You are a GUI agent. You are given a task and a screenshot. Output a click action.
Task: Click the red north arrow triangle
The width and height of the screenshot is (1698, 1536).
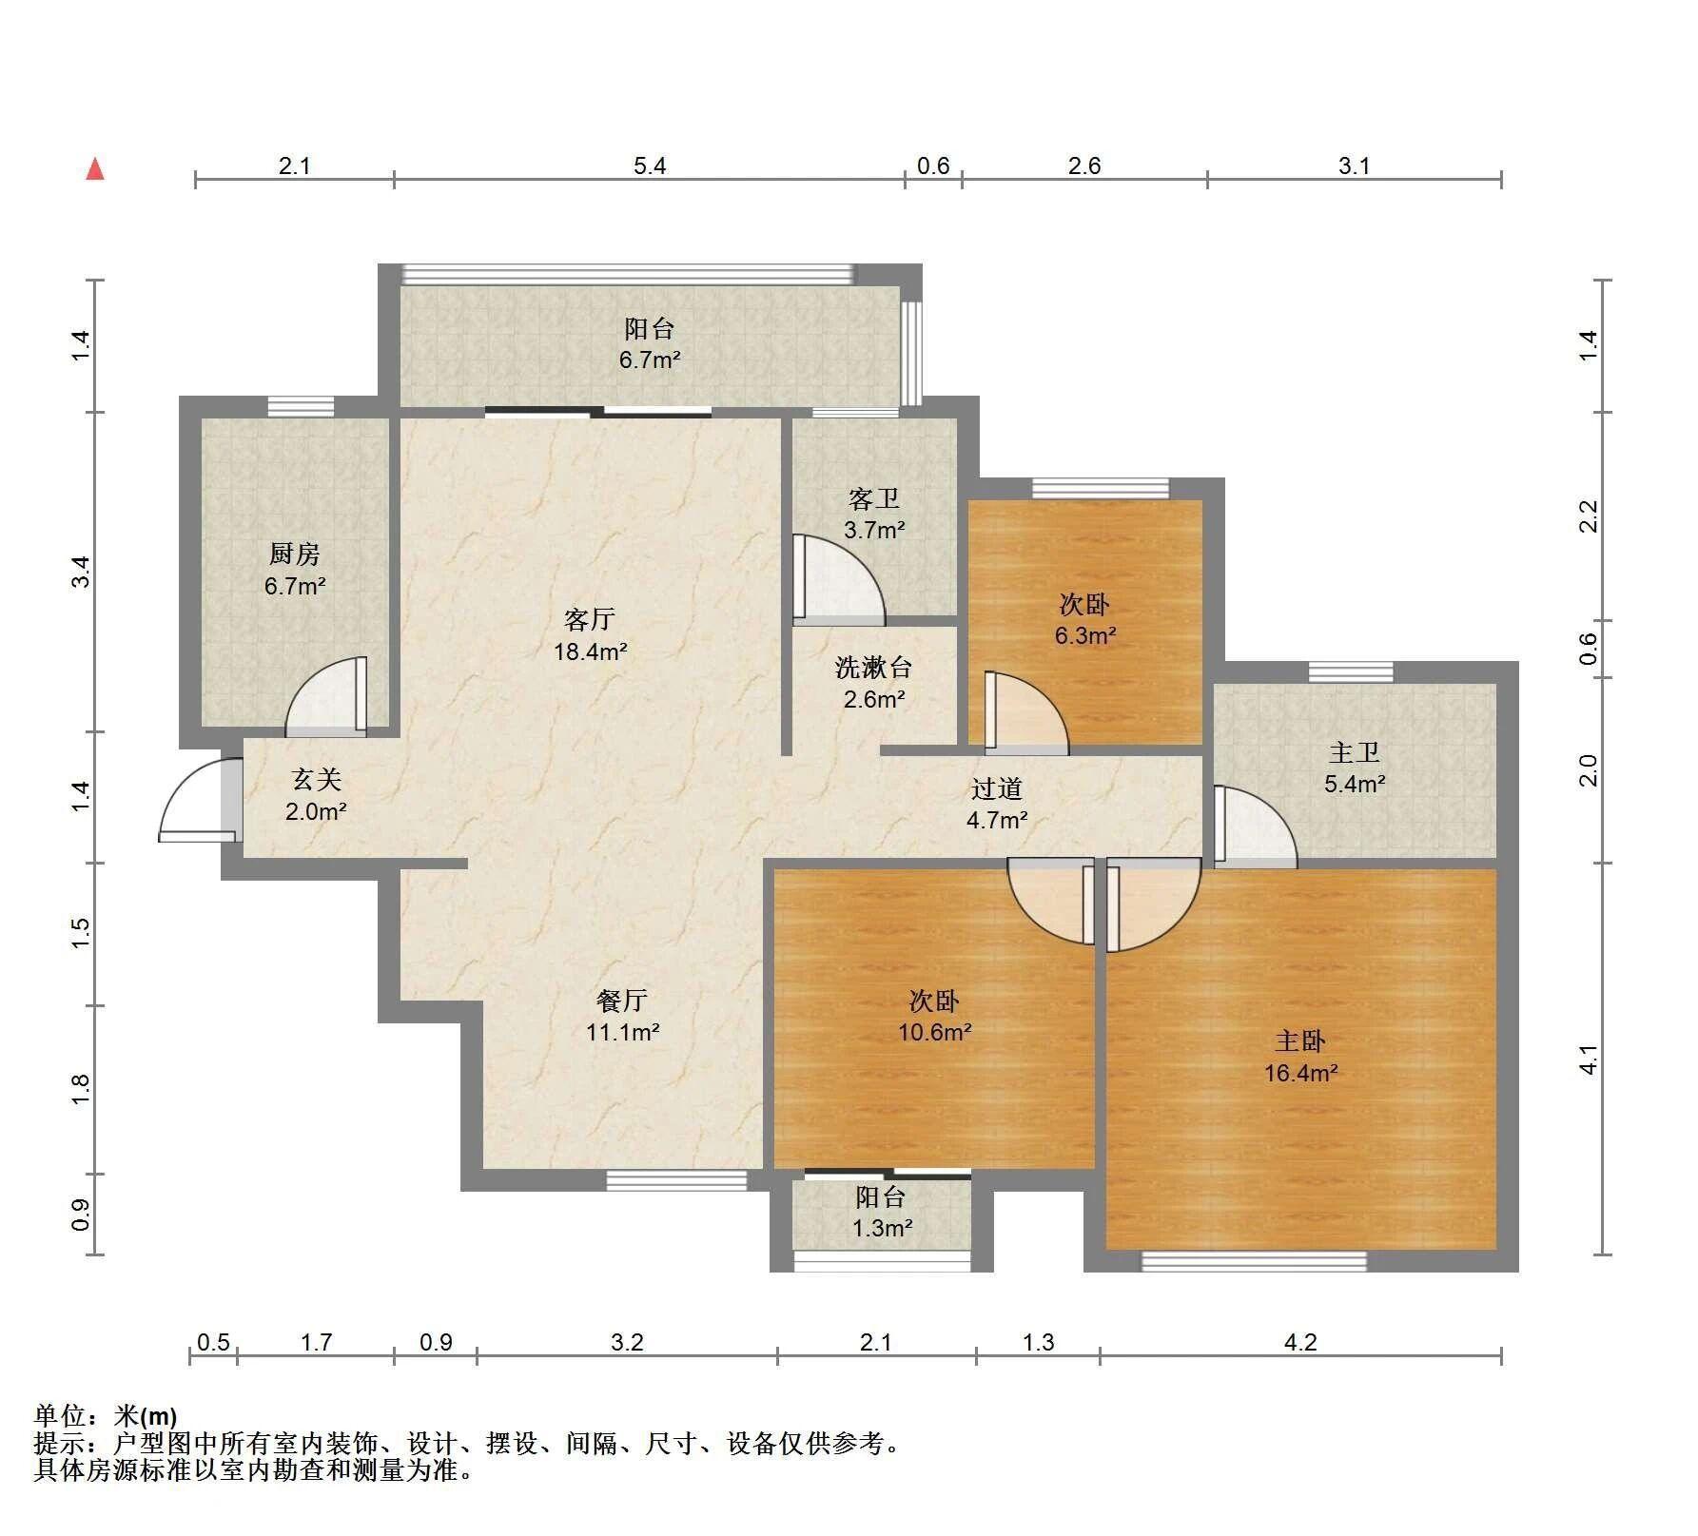(x=95, y=169)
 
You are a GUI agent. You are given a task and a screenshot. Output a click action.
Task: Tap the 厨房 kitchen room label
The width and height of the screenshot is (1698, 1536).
(x=295, y=554)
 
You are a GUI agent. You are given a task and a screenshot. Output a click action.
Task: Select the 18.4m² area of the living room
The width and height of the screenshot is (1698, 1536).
(x=591, y=652)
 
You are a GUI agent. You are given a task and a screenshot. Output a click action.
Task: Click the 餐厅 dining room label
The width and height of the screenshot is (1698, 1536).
(x=622, y=1000)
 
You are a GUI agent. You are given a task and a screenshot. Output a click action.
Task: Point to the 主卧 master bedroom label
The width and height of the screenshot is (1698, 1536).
(x=1300, y=1041)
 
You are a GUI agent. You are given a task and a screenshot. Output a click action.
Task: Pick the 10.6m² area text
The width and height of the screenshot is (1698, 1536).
(x=935, y=1032)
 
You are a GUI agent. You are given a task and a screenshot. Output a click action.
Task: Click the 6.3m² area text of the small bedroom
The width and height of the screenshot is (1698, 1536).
(x=1085, y=635)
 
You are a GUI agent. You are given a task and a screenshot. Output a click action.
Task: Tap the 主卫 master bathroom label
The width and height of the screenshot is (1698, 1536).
(x=1355, y=752)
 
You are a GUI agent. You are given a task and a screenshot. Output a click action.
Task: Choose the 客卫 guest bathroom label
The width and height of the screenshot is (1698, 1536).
(x=874, y=498)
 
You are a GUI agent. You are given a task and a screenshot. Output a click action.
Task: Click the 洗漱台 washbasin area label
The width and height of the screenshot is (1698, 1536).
(x=874, y=667)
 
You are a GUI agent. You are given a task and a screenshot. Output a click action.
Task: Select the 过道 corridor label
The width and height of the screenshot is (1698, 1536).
(x=997, y=787)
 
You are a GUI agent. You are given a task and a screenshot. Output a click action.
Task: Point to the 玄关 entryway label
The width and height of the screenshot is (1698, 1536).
(x=316, y=780)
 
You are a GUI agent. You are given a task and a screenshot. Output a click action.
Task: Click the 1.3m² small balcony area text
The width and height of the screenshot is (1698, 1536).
(x=883, y=1229)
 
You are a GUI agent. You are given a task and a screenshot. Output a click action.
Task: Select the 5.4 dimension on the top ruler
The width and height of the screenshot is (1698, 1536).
(x=650, y=166)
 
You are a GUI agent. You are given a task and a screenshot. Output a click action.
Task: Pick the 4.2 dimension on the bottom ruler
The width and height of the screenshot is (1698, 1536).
(x=1300, y=1342)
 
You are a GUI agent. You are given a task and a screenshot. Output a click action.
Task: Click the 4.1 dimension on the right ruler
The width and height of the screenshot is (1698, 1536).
(x=1588, y=1060)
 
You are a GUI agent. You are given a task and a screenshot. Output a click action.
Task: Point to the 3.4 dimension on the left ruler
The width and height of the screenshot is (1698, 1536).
(x=82, y=572)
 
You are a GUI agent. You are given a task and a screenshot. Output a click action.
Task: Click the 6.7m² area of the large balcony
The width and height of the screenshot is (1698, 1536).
(x=650, y=360)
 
